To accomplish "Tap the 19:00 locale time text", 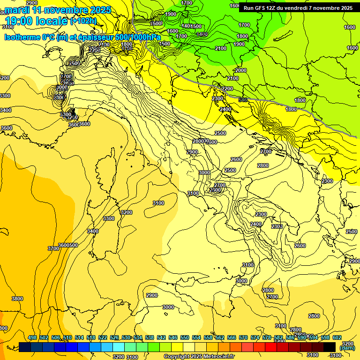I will point(36,21).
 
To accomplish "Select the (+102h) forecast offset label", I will point(83,21).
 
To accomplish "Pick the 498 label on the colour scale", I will point(32,337).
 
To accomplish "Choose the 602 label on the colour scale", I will point(337,337).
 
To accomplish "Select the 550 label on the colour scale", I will point(185,337).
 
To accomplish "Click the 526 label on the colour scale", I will point(114,337).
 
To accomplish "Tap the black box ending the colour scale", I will point(330,346).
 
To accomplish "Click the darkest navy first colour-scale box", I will point(25,346).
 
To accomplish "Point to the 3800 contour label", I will point(17,299).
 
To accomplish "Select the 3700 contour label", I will point(53,248).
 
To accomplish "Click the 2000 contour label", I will point(241,70).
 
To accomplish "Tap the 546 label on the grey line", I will point(242,99).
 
